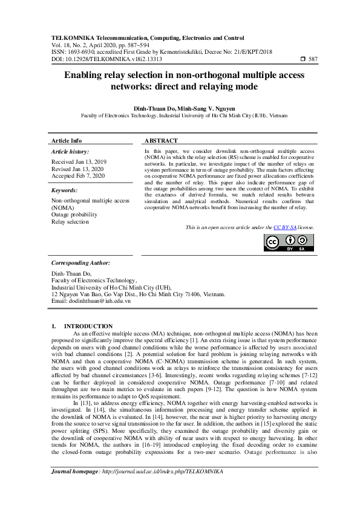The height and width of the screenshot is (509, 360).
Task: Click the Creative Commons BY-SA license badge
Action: click(x=289, y=242)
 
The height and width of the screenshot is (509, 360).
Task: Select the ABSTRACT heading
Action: click(x=161, y=140)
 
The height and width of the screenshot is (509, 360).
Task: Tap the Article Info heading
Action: click(x=67, y=140)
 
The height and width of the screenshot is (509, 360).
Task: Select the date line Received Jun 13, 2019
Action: click(x=79, y=163)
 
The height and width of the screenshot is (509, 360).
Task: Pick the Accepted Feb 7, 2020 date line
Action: click(x=79, y=176)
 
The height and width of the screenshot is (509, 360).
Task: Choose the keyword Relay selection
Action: click(x=70, y=221)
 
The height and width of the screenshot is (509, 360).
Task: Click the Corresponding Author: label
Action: click(x=80, y=263)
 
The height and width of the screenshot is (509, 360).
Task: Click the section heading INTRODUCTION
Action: click(x=88, y=326)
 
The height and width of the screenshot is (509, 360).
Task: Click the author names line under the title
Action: click(x=180, y=108)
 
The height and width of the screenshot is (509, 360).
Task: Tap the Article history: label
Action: click(x=70, y=151)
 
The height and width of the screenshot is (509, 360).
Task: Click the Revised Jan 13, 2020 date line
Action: click(x=77, y=169)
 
